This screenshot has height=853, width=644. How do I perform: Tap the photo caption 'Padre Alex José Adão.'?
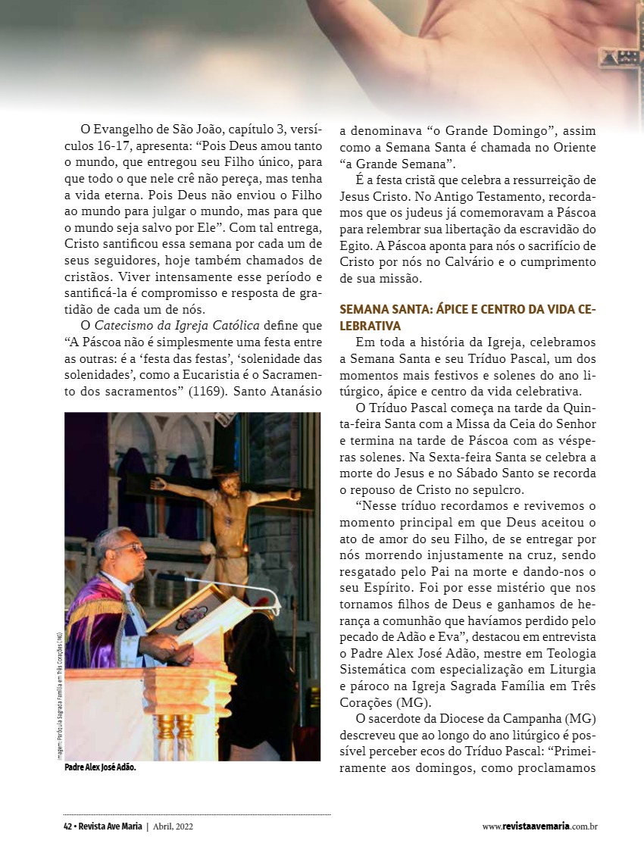[x=100, y=767]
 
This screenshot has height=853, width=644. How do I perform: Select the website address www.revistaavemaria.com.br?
[x=539, y=826]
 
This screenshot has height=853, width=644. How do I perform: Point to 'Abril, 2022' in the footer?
[x=174, y=826]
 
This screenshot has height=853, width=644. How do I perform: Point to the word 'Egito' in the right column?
[x=355, y=245]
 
